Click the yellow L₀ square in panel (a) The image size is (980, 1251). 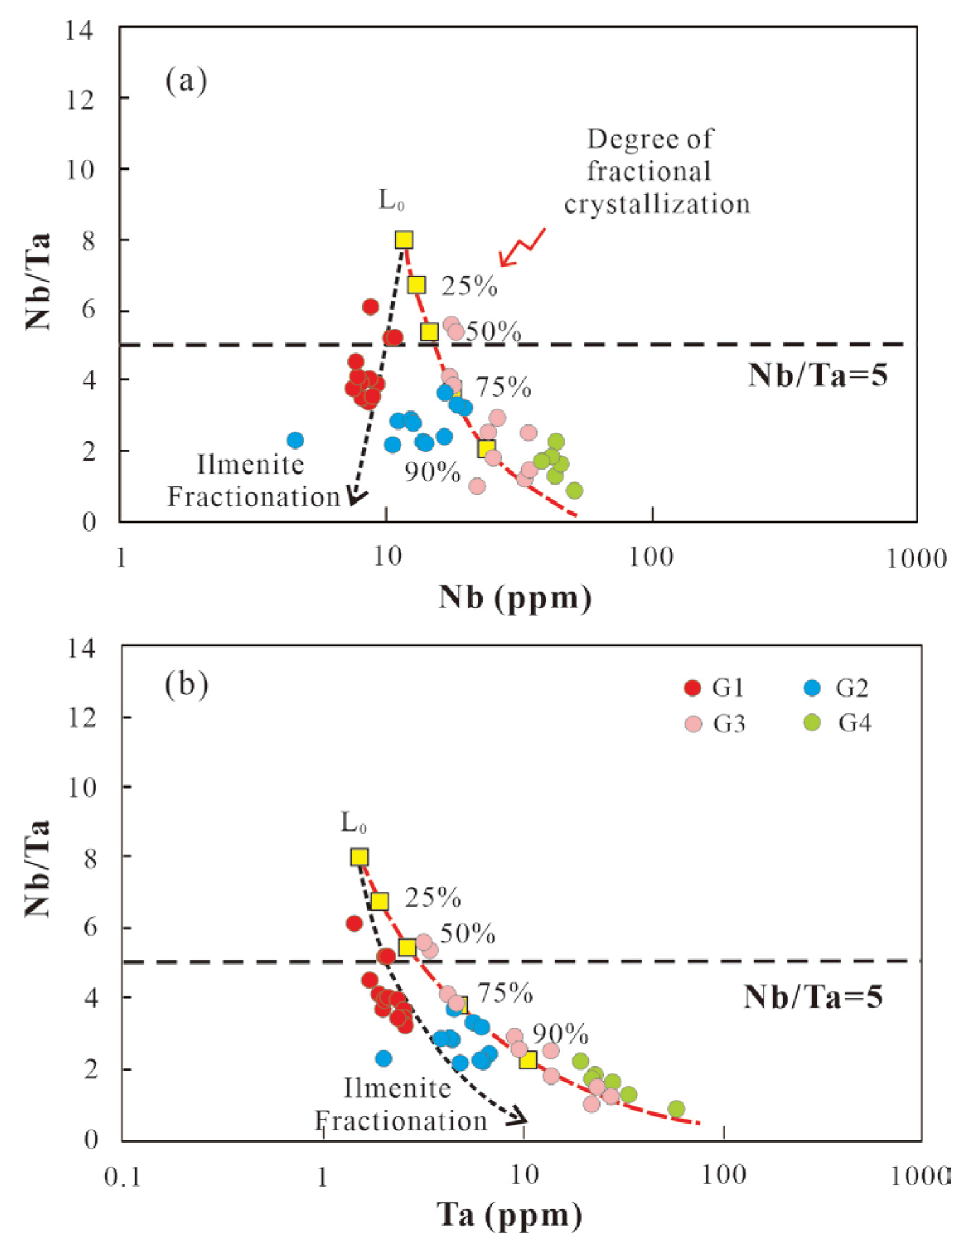coord(404,240)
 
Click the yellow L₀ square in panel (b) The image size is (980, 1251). coord(359,857)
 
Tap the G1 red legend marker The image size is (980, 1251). coord(693,688)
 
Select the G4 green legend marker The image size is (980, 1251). coord(812,723)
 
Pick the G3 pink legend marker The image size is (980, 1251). coord(693,724)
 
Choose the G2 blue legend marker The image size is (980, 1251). coord(812,688)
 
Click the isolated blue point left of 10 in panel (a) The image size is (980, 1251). coord(295,440)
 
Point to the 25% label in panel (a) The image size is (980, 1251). coord(469,286)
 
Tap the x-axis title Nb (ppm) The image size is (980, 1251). coord(515,596)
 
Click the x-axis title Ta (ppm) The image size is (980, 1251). coord(509,1214)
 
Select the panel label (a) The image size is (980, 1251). coord(186,81)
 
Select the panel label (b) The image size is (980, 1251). coord(187,685)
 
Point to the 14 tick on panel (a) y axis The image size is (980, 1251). coord(81,30)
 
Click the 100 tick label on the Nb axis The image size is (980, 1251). coord(651,558)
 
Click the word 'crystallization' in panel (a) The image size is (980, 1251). coord(657,204)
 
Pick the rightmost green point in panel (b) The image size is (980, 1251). coord(676,1109)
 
